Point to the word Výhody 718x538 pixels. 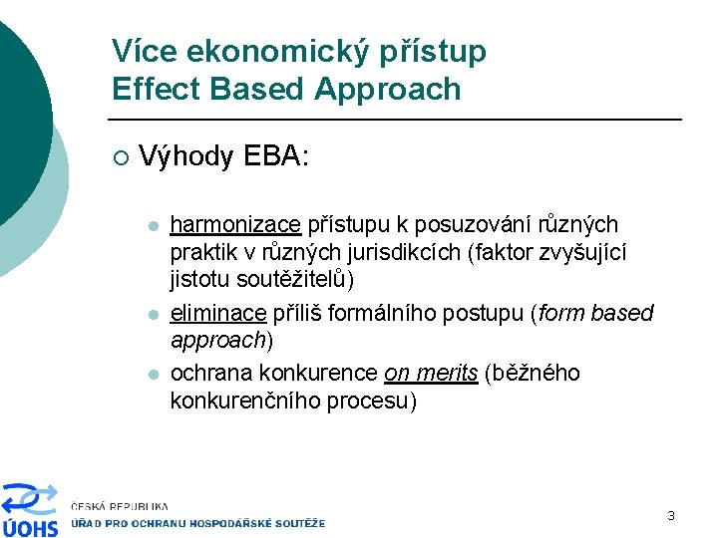[x=186, y=156]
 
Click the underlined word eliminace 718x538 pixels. [x=218, y=314]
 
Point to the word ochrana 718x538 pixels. [x=211, y=373]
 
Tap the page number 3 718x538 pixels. [x=671, y=515]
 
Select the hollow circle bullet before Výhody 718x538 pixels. [x=120, y=157]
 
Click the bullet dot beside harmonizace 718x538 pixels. [x=152, y=226]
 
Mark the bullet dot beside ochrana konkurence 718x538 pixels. [x=152, y=374]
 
